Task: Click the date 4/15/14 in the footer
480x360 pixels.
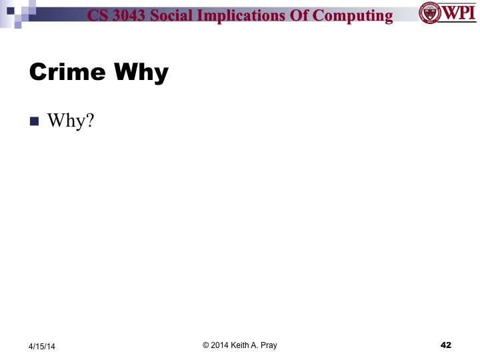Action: [x=43, y=346]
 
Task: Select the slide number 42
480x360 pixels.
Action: [x=446, y=345]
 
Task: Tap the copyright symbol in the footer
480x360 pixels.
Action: [x=205, y=345]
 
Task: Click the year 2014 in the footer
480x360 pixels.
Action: [x=221, y=345]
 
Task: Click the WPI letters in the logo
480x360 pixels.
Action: [x=457, y=13]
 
